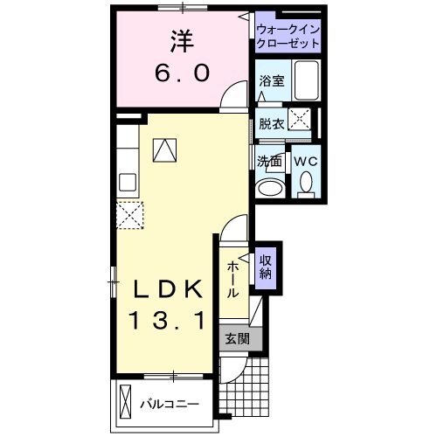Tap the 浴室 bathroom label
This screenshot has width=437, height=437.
tap(270, 81)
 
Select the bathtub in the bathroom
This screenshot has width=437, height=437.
tap(307, 81)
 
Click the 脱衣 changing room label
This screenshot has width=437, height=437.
tap(270, 123)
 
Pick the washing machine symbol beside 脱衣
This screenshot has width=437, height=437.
tap(302, 121)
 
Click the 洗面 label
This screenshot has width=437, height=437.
tap(268, 162)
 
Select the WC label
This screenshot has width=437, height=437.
tap(305, 162)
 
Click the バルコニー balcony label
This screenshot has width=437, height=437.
tap(169, 405)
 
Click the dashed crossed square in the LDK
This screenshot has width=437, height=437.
tap(130, 214)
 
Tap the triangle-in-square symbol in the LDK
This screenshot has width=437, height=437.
tap(163, 150)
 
